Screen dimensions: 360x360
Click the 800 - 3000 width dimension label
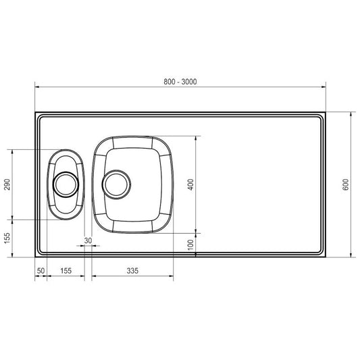click(180, 82)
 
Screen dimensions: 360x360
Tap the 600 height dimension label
click(345, 184)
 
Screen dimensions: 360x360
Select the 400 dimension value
click(190, 184)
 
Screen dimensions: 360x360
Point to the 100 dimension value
click(190, 245)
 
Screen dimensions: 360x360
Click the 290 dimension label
click(7, 184)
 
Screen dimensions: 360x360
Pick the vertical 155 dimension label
click(7, 238)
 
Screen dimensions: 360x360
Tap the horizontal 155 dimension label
click(66, 271)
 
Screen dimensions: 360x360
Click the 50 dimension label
click(41, 271)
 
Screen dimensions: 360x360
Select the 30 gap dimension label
click(88, 240)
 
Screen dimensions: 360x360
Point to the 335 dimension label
click(132, 271)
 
